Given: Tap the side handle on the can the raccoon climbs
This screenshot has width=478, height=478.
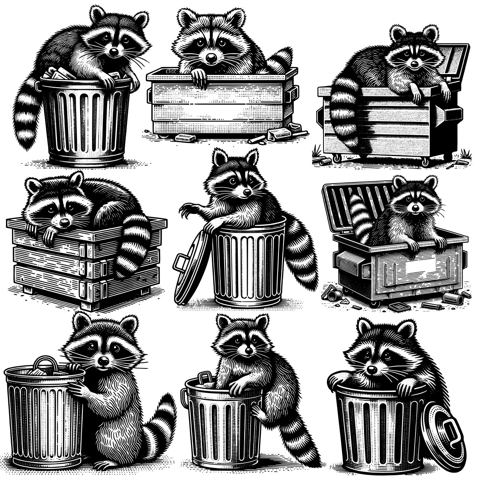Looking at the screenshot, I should coord(185,396).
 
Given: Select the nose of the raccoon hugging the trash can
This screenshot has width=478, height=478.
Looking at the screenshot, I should coord(103,361).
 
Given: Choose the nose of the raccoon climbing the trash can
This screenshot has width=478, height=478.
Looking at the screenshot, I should coord(249,350).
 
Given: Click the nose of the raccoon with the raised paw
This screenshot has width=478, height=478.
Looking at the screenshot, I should coord(247,193).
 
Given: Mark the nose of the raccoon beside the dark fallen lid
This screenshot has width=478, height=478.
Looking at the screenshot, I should coord(372,370).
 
